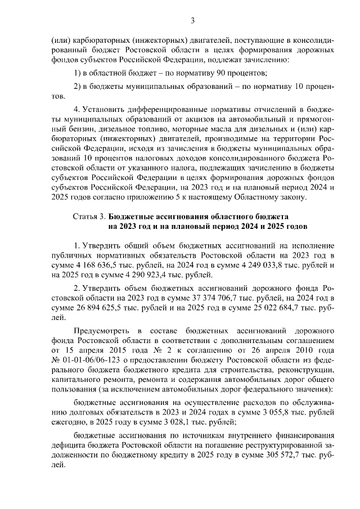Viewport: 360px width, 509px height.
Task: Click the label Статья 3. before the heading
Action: pos(88,216)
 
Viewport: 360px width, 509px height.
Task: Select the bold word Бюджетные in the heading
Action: pos(130,216)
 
